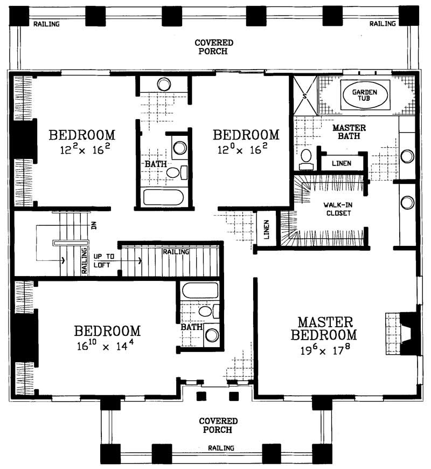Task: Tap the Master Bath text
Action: coord(349,132)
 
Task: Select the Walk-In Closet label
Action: coord(338,209)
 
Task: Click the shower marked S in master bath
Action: coord(304,96)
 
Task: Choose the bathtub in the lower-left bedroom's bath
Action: coord(199,292)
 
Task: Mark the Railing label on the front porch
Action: coord(221,448)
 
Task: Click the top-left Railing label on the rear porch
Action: coord(46,24)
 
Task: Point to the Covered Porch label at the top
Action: coord(214,47)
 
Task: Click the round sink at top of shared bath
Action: coord(164,84)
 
